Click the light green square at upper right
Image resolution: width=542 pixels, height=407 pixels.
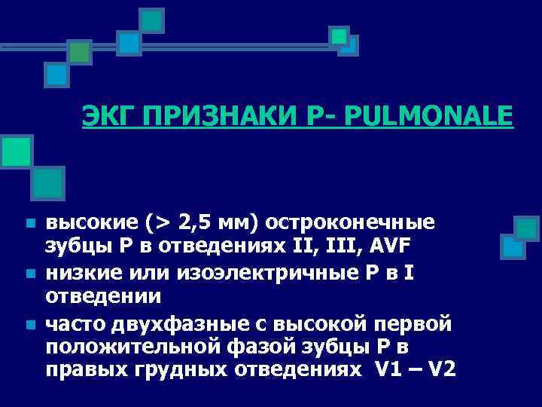339,35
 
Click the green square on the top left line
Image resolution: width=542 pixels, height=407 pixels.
79,51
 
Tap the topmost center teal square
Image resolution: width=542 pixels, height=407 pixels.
152,19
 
